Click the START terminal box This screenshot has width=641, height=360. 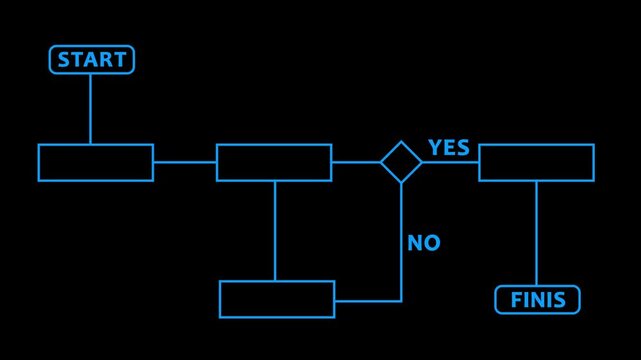[91, 60]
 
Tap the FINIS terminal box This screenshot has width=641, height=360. [537, 299]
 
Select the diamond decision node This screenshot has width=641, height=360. [401, 162]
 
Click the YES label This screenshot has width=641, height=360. [448, 148]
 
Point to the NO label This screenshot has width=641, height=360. [423, 243]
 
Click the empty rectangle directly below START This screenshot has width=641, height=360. [95, 162]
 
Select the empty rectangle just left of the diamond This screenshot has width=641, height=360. [273, 162]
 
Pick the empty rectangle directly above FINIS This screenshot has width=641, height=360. [536, 162]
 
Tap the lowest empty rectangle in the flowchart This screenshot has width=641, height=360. [277, 299]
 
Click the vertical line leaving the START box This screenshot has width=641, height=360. [90, 109]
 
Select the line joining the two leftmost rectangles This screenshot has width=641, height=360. [184, 162]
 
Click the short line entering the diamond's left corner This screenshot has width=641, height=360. [355, 162]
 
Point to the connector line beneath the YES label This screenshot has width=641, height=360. [450, 162]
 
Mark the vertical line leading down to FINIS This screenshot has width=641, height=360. [536, 233]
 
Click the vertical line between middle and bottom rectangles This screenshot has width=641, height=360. [275, 231]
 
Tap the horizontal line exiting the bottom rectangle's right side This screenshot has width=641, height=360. [368, 300]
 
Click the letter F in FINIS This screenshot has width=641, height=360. [516, 299]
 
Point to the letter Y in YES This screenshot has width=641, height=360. [435, 148]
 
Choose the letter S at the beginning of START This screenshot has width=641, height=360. [64, 60]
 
